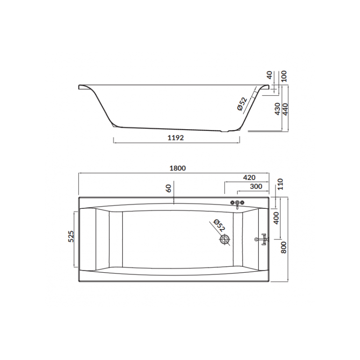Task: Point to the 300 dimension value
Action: click(x=256, y=186)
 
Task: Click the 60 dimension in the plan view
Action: click(x=169, y=189)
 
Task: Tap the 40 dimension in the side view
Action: click(x=270, y=75)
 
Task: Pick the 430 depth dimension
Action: click(x=277, y=109)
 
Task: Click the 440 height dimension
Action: click(x=284, y=109)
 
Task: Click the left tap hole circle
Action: click(x=233, y=202)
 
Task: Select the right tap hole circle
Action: click(x=243, y=202)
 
